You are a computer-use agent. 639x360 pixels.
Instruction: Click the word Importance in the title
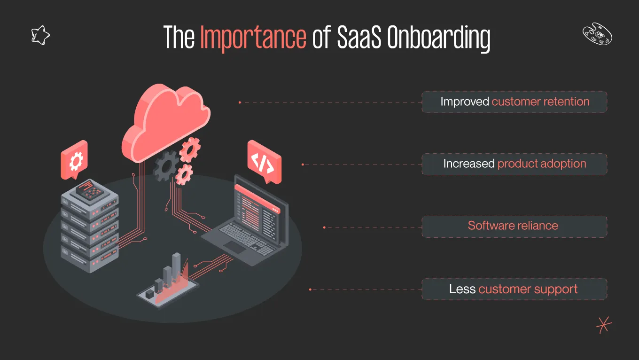pyautogui.click(x=253, y=38)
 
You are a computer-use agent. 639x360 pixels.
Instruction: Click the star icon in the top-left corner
pyautogui.click(x=40, y=35)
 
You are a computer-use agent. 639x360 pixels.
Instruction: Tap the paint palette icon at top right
pyautogui.click(x=597, y=35)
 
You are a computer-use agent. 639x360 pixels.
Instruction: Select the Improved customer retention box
pyautogui.click(x=514, y=102)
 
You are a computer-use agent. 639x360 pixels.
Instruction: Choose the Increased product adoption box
pyautogui.click(x=514, y=164)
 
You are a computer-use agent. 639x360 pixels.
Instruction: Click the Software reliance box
pyautogui.click(x=514, y=226)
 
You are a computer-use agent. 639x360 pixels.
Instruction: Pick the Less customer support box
pyautogui.click(x=514, y=289)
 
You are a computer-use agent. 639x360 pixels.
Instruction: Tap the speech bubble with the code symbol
pyautogui.click(x=264, y=162)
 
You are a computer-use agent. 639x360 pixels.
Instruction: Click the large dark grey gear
pyautogui.click(x=165, y=166)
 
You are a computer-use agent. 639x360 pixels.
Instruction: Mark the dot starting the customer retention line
pyautogui.click(x=240, y=102)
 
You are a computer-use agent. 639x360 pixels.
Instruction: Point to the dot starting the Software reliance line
pyautogui.click(x=324, y=227)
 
